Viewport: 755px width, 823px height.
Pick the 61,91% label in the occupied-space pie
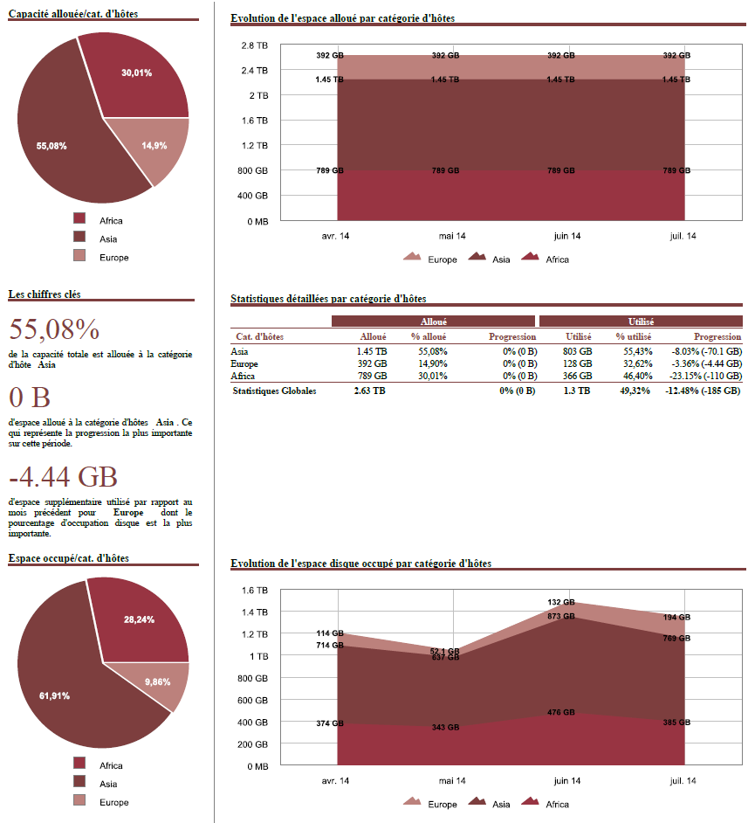tap(54, 695)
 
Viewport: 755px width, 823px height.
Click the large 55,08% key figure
tap(54, 329)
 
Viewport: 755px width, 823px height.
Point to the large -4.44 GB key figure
tap(63, 477)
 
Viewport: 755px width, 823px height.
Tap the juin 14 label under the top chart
tap(567, 236)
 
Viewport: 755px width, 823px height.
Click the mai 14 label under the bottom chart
tap(452, 780)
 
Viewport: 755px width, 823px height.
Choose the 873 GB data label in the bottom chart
tap(560, 616)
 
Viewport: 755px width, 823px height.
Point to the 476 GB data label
tap(560, 712)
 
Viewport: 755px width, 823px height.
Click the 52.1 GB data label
tap(444, 651)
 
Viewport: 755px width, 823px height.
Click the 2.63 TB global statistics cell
tap(369, 391)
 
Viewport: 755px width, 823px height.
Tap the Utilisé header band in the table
tap(641, 322)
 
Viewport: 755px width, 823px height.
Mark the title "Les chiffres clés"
tap(45, 294)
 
